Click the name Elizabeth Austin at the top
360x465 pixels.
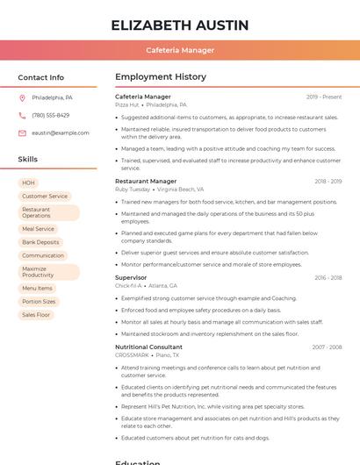(179, 25)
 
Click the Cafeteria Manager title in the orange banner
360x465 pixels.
(179, 50)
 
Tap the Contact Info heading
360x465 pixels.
(41, 78)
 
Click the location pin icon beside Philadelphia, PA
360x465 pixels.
(22, 98)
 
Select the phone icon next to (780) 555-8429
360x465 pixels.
(22, 116)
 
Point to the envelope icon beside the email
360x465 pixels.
(22, 133)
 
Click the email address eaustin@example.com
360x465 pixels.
(60, 133)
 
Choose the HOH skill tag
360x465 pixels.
(29, 183)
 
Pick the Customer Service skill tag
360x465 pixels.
(45, 197)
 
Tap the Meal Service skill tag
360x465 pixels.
(38, 229)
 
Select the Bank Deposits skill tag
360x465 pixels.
(40, 242)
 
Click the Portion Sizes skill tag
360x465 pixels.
(39, 302)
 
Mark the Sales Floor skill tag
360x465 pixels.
(36, 315)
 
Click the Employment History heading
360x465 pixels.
(160, 77)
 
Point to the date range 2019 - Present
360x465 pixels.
(324, 97)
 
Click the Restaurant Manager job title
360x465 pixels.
(146, 182)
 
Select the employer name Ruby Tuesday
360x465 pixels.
(133, 190)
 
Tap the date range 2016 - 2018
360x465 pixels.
(328, 278)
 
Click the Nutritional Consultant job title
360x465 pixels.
(148, 347)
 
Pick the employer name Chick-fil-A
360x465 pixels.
(128, 286)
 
